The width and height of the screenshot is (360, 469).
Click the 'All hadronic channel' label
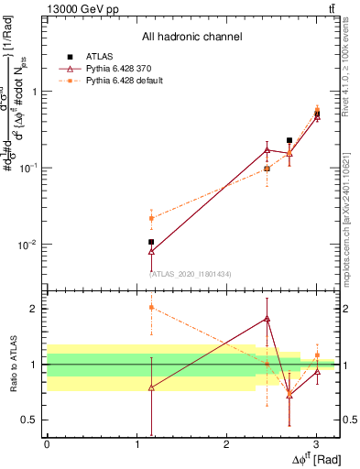point(191,38)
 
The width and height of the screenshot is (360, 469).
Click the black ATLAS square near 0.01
point(151,242)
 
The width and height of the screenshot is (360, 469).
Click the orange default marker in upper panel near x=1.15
point(151,218)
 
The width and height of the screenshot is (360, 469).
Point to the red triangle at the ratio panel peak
point(267,319)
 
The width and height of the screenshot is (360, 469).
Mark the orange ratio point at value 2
point(151,308)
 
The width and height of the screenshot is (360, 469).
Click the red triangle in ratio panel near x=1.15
point(151,387)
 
